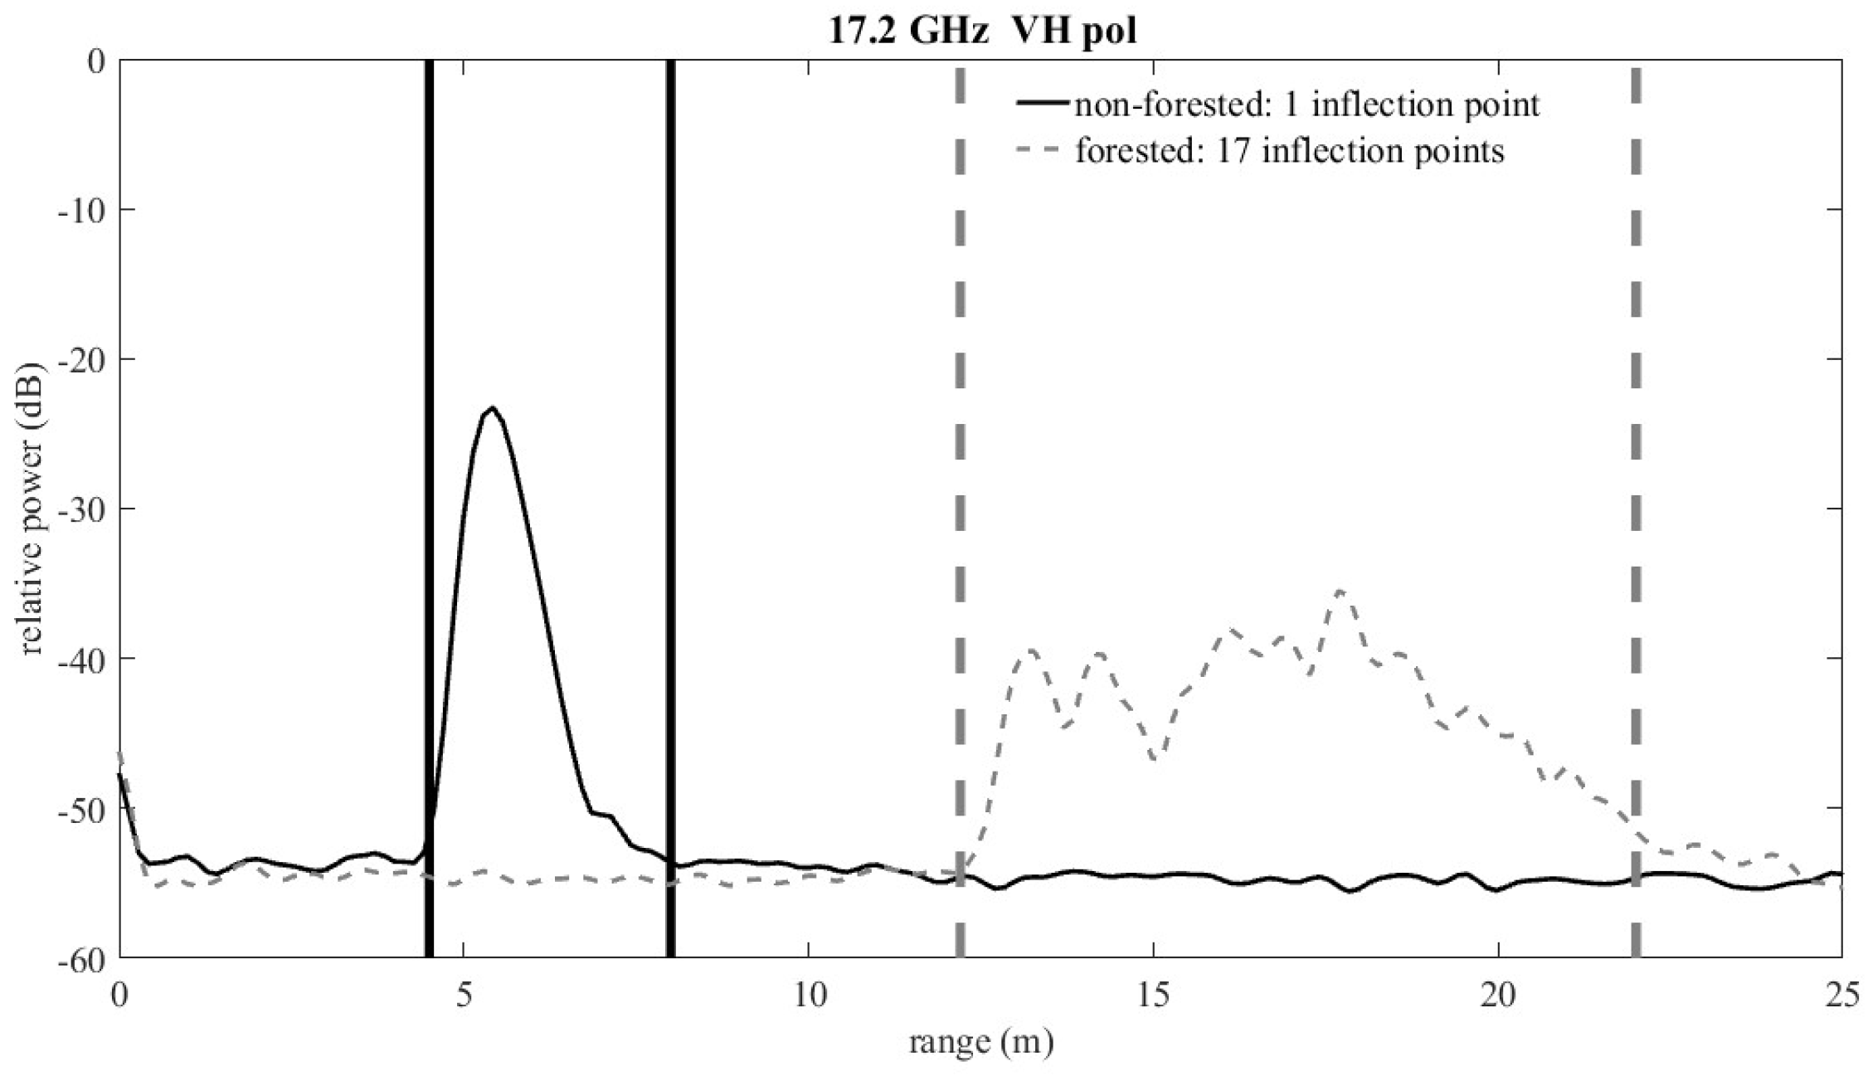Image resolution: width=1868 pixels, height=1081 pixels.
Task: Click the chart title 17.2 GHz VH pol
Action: coord(982,32)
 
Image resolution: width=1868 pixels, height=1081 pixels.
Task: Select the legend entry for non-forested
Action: coord(1306,105)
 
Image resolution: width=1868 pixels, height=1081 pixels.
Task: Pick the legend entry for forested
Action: coord(1289,151)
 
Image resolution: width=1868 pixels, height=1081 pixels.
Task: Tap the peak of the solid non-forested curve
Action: coord(492,407)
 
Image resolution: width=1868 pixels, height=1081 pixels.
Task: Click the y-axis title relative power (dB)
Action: coord(31,508)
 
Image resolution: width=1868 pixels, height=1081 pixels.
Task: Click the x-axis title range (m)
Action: coord(980,1040)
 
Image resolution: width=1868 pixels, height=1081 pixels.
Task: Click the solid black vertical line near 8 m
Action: coord(670,498)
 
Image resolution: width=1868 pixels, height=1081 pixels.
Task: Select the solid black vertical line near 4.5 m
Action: coord(429,498)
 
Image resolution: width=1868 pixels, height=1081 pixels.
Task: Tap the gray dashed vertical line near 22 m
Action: coord(1636,498)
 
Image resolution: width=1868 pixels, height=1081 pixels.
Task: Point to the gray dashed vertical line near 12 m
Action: coord(960,498)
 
